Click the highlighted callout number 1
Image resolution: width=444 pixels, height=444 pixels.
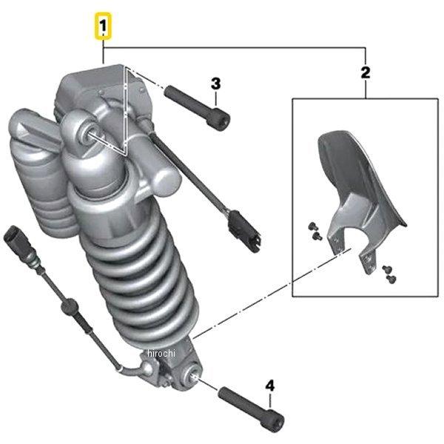(x=103, y=25)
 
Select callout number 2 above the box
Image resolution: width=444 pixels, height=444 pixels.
(x=366, y=73)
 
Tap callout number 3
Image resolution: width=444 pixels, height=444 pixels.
(x=216, y=84)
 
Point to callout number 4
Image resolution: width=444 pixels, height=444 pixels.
(x=270, y=386)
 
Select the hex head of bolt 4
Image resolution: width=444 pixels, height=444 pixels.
(x=275, y=421)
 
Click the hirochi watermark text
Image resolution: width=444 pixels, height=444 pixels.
(x=161, y=353)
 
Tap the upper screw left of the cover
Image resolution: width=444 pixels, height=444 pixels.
(x=312, y=226)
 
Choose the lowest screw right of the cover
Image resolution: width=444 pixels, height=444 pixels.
(x=391, y=279)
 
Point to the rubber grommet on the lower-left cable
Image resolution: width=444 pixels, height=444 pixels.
(x=69, y=306)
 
